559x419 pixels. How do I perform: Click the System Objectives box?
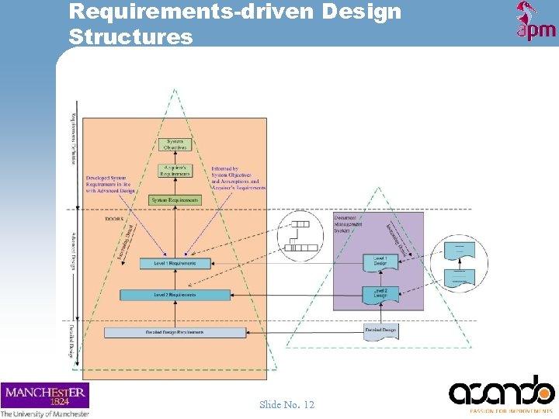[x=175, y=144]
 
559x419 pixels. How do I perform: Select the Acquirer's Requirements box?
[x=175, y=169]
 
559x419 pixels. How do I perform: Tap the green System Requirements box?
[x=175, y=200]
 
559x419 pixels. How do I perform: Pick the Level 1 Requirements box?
[x=175, y=264]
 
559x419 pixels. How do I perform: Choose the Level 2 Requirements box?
[x=175, y=295]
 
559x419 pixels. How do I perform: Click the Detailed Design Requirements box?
[x=175, y=332]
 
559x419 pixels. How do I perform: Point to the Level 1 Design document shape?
[x=380, y=261]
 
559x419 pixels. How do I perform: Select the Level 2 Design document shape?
[x=380, y=293]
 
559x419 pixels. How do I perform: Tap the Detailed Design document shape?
[x=380, y=331]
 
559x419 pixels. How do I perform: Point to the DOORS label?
[x=113, y=219]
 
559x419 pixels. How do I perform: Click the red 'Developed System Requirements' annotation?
[x=111, y=184]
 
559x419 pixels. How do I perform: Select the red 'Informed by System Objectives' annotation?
[x=238, y=178]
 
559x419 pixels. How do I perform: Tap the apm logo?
[x=536, y=21]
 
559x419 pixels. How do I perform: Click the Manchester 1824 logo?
[x=45, y=395]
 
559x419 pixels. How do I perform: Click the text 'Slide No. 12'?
[x=286, y=404]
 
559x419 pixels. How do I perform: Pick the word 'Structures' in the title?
[x=130, y=36]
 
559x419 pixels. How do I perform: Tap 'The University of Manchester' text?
[x=45, y=414]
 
